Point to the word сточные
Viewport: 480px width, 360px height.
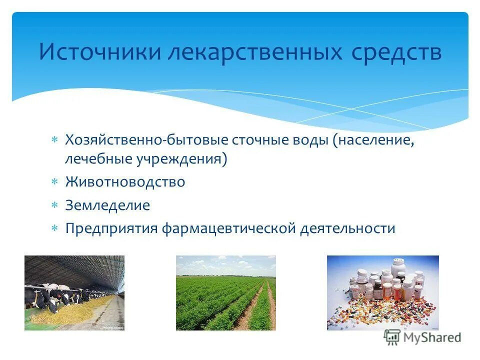point(260,140)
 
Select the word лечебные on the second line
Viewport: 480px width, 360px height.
point(97,159)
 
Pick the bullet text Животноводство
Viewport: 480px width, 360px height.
point(125,182)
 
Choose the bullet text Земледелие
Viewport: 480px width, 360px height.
point(107,205)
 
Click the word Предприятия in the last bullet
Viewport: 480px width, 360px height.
point(111,229)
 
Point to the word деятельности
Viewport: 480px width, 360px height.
point(347,229)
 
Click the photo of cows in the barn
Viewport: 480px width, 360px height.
point(74,293)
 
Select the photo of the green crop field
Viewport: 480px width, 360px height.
point(225,293)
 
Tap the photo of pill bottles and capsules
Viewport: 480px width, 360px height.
point(382,293)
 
